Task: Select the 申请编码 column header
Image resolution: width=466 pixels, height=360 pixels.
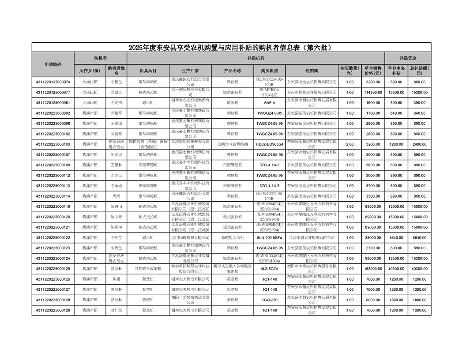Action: click(x=53, y=64)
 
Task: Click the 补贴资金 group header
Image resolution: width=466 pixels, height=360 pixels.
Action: click(x=408, y=58)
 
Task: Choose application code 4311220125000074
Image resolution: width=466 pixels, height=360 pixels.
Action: click(x=53, y=82)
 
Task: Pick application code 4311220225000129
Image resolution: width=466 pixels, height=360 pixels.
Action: click(x=53, y=310)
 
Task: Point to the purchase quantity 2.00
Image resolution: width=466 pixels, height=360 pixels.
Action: click(x=349, y=144)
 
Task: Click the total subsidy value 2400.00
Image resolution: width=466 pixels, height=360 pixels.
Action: click(x=419, y=144)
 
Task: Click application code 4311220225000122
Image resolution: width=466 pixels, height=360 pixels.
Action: click(x=53, y=238)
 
